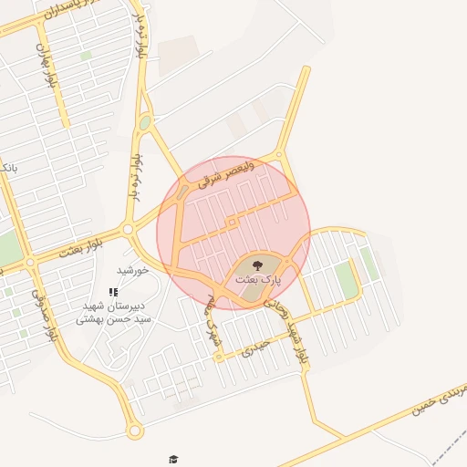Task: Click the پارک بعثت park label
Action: tap(258, 280)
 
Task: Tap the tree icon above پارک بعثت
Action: tap(257, 265)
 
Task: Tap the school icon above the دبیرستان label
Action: tap(113, 292)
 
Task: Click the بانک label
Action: tap(7, 169)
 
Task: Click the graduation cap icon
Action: tap(173, 459)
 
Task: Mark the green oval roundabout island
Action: tap(144, 121)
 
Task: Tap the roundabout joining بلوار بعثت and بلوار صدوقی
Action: tap(30, 262)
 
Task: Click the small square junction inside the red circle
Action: tap(233, 222)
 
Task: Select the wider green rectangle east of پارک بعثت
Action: tap(346, 279)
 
